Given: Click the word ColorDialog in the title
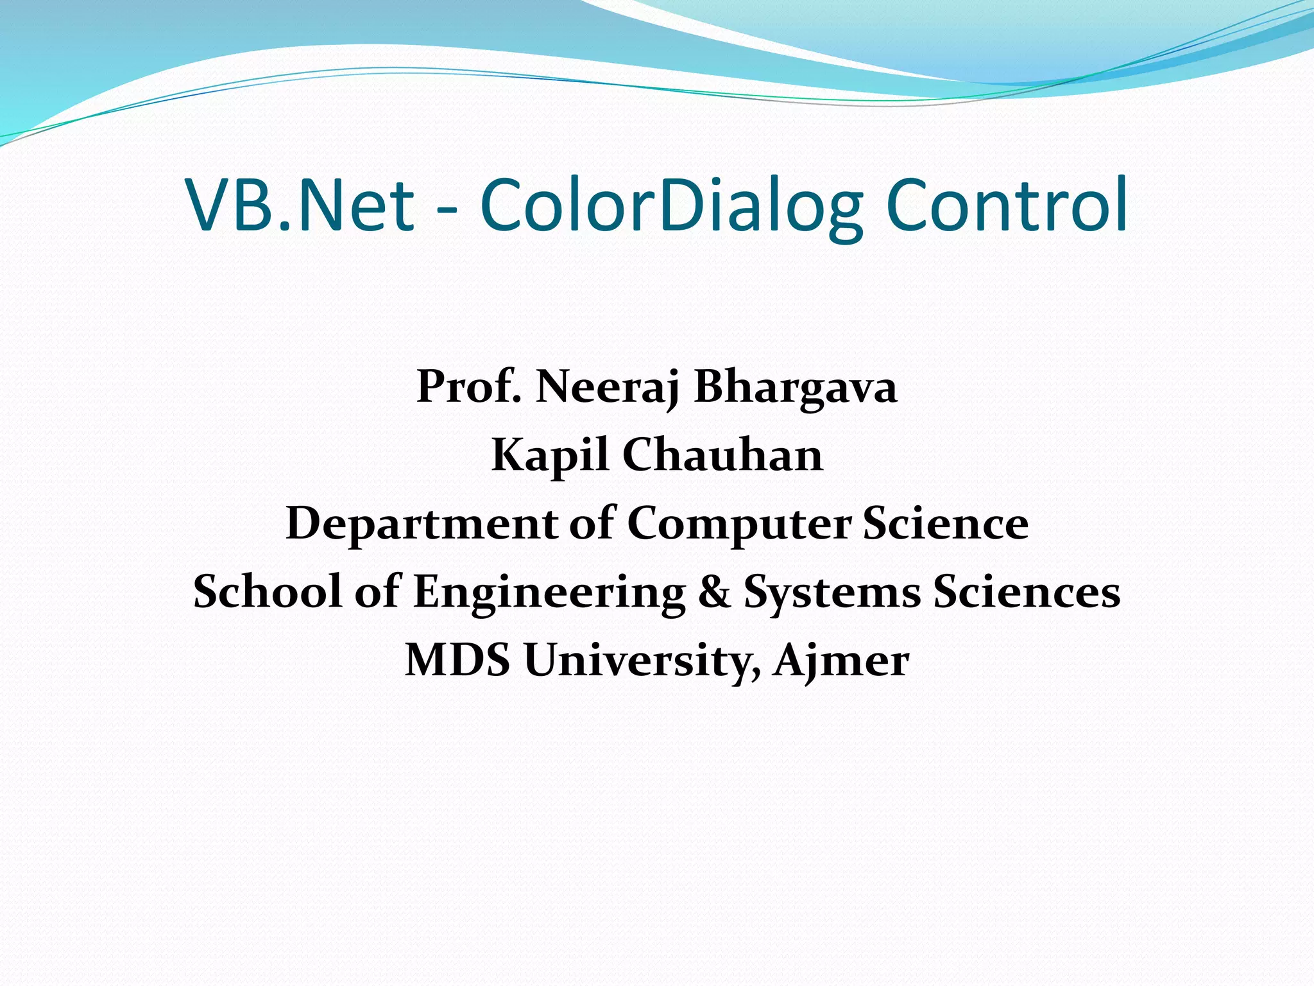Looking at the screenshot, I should point(671,205).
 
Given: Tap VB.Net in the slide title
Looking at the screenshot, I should point(300,205).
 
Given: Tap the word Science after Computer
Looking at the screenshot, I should point(946,523).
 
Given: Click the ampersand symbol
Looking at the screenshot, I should point(714,592).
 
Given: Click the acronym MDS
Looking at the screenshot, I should point(457,660).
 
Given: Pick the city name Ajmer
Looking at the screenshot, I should point(841,661).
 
